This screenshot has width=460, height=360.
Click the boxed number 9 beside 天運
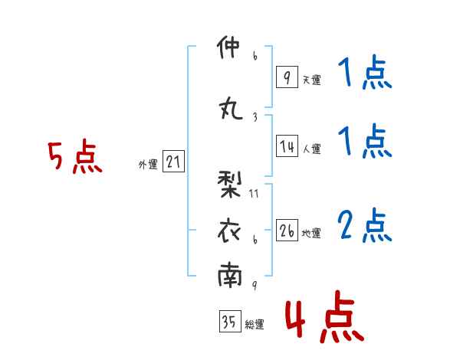click(x=286, y=77)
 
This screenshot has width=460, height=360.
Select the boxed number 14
click(x=286, y=147)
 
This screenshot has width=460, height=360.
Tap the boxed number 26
click(x=286, y=231)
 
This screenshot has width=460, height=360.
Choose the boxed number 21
click(x=173, y=162)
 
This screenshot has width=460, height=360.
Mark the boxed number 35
click(x=229, y=322)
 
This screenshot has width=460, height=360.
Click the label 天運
click(x=311, y=79)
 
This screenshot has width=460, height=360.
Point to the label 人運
click(x=311, y=149)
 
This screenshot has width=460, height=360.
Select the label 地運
click(x=311, y=233)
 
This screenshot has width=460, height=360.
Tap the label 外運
click(x=147, y=164)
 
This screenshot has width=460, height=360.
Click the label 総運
click(x=255, y=324)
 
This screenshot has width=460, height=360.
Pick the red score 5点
click(x=74, y=158)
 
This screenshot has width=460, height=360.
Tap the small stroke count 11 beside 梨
click(x=254, y=193)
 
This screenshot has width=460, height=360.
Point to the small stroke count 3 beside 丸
click(x=254, y=116)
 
